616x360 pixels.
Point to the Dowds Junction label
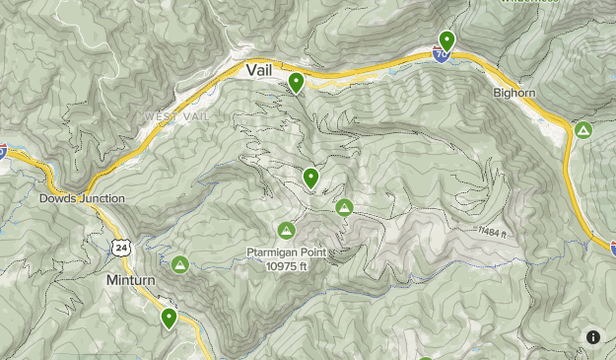click(x=83, y=198)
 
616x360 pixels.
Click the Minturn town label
click(x=130, y=280)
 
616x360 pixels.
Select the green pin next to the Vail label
click(x=296, y=82)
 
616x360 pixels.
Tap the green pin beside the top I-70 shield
click(x=447, y=41)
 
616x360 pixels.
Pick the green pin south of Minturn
click(x=170, y=318)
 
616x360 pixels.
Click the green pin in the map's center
click(x=311, y=178)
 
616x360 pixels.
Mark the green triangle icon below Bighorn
click(x=583, y=129)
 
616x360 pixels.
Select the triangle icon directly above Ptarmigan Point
click(x=286, y=231)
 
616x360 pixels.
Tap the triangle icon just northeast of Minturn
click(x=180, y=264)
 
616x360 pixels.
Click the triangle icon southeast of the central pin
click(x=344, y=207)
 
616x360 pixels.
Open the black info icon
click(x=593, y=337)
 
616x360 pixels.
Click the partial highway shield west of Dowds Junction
click(x=3, y=151)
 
